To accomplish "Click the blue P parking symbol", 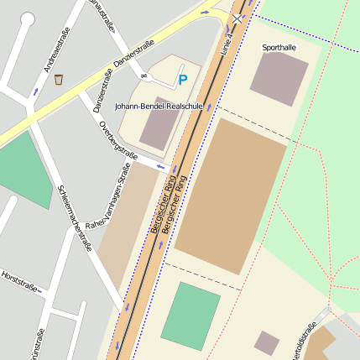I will coord(182,81).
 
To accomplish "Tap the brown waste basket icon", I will coord(59,81).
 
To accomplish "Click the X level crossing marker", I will coord(238,18).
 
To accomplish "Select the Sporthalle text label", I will coord(279,48).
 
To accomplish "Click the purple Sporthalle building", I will coord(279,77).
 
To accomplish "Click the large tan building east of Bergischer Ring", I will coord(231,196).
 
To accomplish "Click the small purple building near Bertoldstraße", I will coord(267,342).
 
